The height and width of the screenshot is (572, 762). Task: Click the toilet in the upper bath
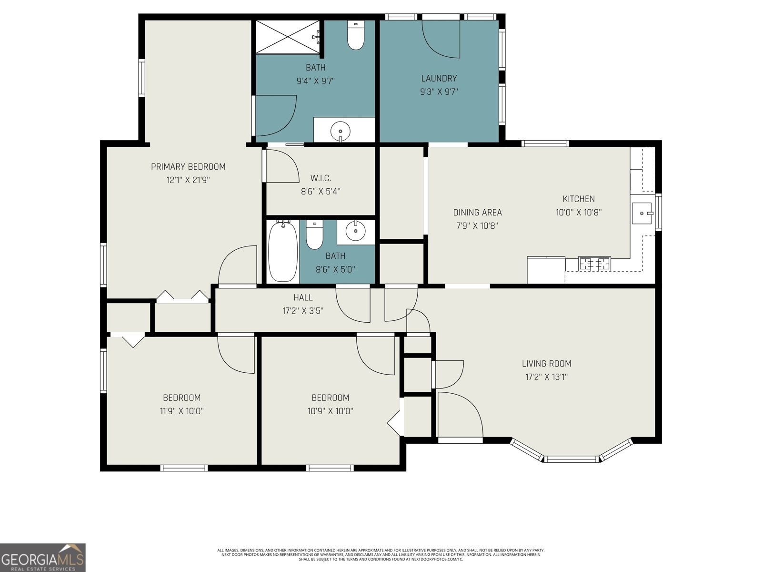pos(355,35)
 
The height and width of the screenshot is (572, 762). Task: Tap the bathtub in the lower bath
pos(283,252)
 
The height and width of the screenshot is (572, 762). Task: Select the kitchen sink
pos(642,213)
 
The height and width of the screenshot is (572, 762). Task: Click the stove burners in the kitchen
pos(594,264)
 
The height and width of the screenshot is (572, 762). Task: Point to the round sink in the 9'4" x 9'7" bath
pos(340,132)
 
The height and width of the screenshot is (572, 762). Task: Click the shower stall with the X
pos(288,37)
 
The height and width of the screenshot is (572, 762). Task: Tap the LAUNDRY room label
pos(439,79)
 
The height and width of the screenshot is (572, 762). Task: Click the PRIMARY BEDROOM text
pos(188,167)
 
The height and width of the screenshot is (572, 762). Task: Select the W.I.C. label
pos(321,178)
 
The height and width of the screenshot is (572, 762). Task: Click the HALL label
pos(303,297)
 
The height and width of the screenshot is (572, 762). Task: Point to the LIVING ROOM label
pos(546,364)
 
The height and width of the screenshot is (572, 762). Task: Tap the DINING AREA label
pos(477,212)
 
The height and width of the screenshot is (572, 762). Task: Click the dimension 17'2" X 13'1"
pos(546,377)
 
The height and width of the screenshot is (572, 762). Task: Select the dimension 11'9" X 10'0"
pos(181,411)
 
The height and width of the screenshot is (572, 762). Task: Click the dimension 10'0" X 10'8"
pos(578,212)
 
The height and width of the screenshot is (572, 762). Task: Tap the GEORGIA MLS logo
pos(42,557)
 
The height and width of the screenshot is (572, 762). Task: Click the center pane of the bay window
pos(571,459)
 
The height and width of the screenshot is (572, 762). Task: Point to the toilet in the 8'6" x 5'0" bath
pos(314,235)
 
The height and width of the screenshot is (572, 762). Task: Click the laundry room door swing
pos(441,39)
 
